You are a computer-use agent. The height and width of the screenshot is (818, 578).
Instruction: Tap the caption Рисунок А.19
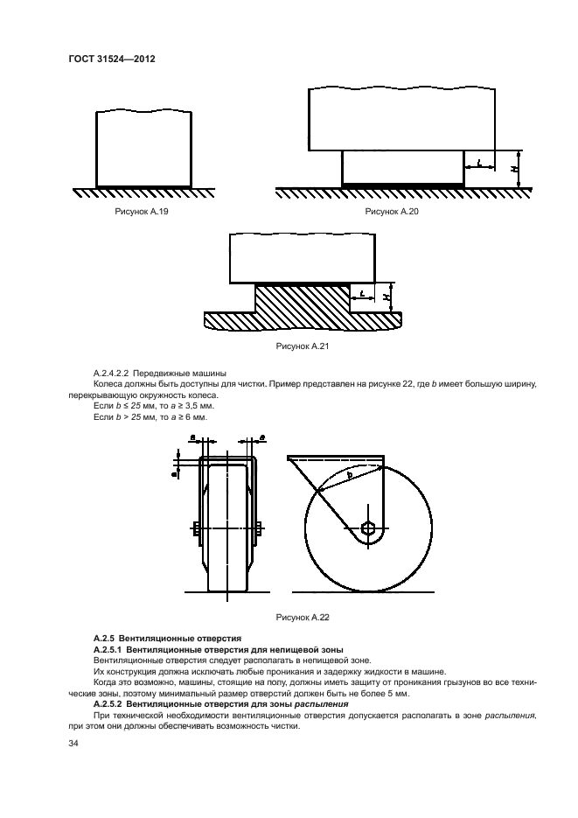[x=143, y=212]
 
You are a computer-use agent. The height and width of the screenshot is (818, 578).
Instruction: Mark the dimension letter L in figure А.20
[x=479, y=162]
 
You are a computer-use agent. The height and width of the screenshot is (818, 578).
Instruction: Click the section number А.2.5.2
[x=109, y=703]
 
